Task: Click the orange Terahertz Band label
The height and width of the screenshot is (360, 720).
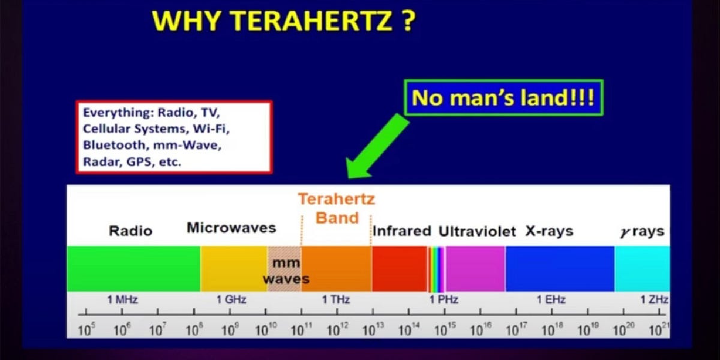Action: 337,208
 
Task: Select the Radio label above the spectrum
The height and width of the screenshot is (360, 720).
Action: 130,231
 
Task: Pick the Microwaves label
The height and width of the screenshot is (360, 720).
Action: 231,228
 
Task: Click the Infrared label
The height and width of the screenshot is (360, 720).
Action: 402,231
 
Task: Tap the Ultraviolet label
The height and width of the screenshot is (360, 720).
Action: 477,232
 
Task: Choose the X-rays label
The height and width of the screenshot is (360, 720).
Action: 549,231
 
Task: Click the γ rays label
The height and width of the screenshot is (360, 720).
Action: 642,232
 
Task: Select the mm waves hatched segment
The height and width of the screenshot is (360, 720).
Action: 284,269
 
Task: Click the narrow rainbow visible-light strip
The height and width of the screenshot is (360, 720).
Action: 436,269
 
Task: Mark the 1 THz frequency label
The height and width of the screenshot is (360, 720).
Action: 336,300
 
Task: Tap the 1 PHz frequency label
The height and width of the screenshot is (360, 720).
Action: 443,300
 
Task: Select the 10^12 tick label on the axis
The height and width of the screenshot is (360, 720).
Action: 337,329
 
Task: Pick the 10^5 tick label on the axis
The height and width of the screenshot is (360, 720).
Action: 88,329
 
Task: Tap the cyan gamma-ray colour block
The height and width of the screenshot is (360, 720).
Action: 641,269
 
